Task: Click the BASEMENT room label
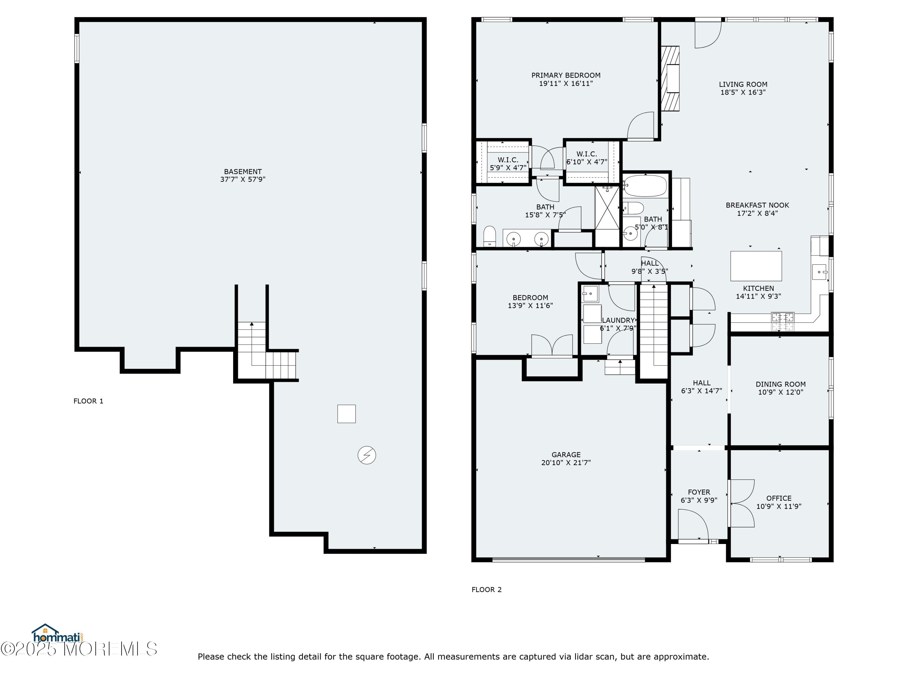click(243, 172)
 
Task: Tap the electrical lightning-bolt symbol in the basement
click(366, 455)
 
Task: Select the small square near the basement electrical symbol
click(346, 413)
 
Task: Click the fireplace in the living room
click(670, 78)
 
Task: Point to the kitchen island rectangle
click(756, 266)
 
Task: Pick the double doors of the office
click(741, 503)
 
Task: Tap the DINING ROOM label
click(780, 384)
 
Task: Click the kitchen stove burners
click(782, 321)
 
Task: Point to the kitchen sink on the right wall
click(820, 272)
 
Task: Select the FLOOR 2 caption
click(486, 589)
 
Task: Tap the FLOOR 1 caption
click(88, 401)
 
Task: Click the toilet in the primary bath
click(489, 237)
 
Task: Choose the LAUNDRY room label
click(618, 320)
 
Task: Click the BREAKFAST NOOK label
click(757, 205)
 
